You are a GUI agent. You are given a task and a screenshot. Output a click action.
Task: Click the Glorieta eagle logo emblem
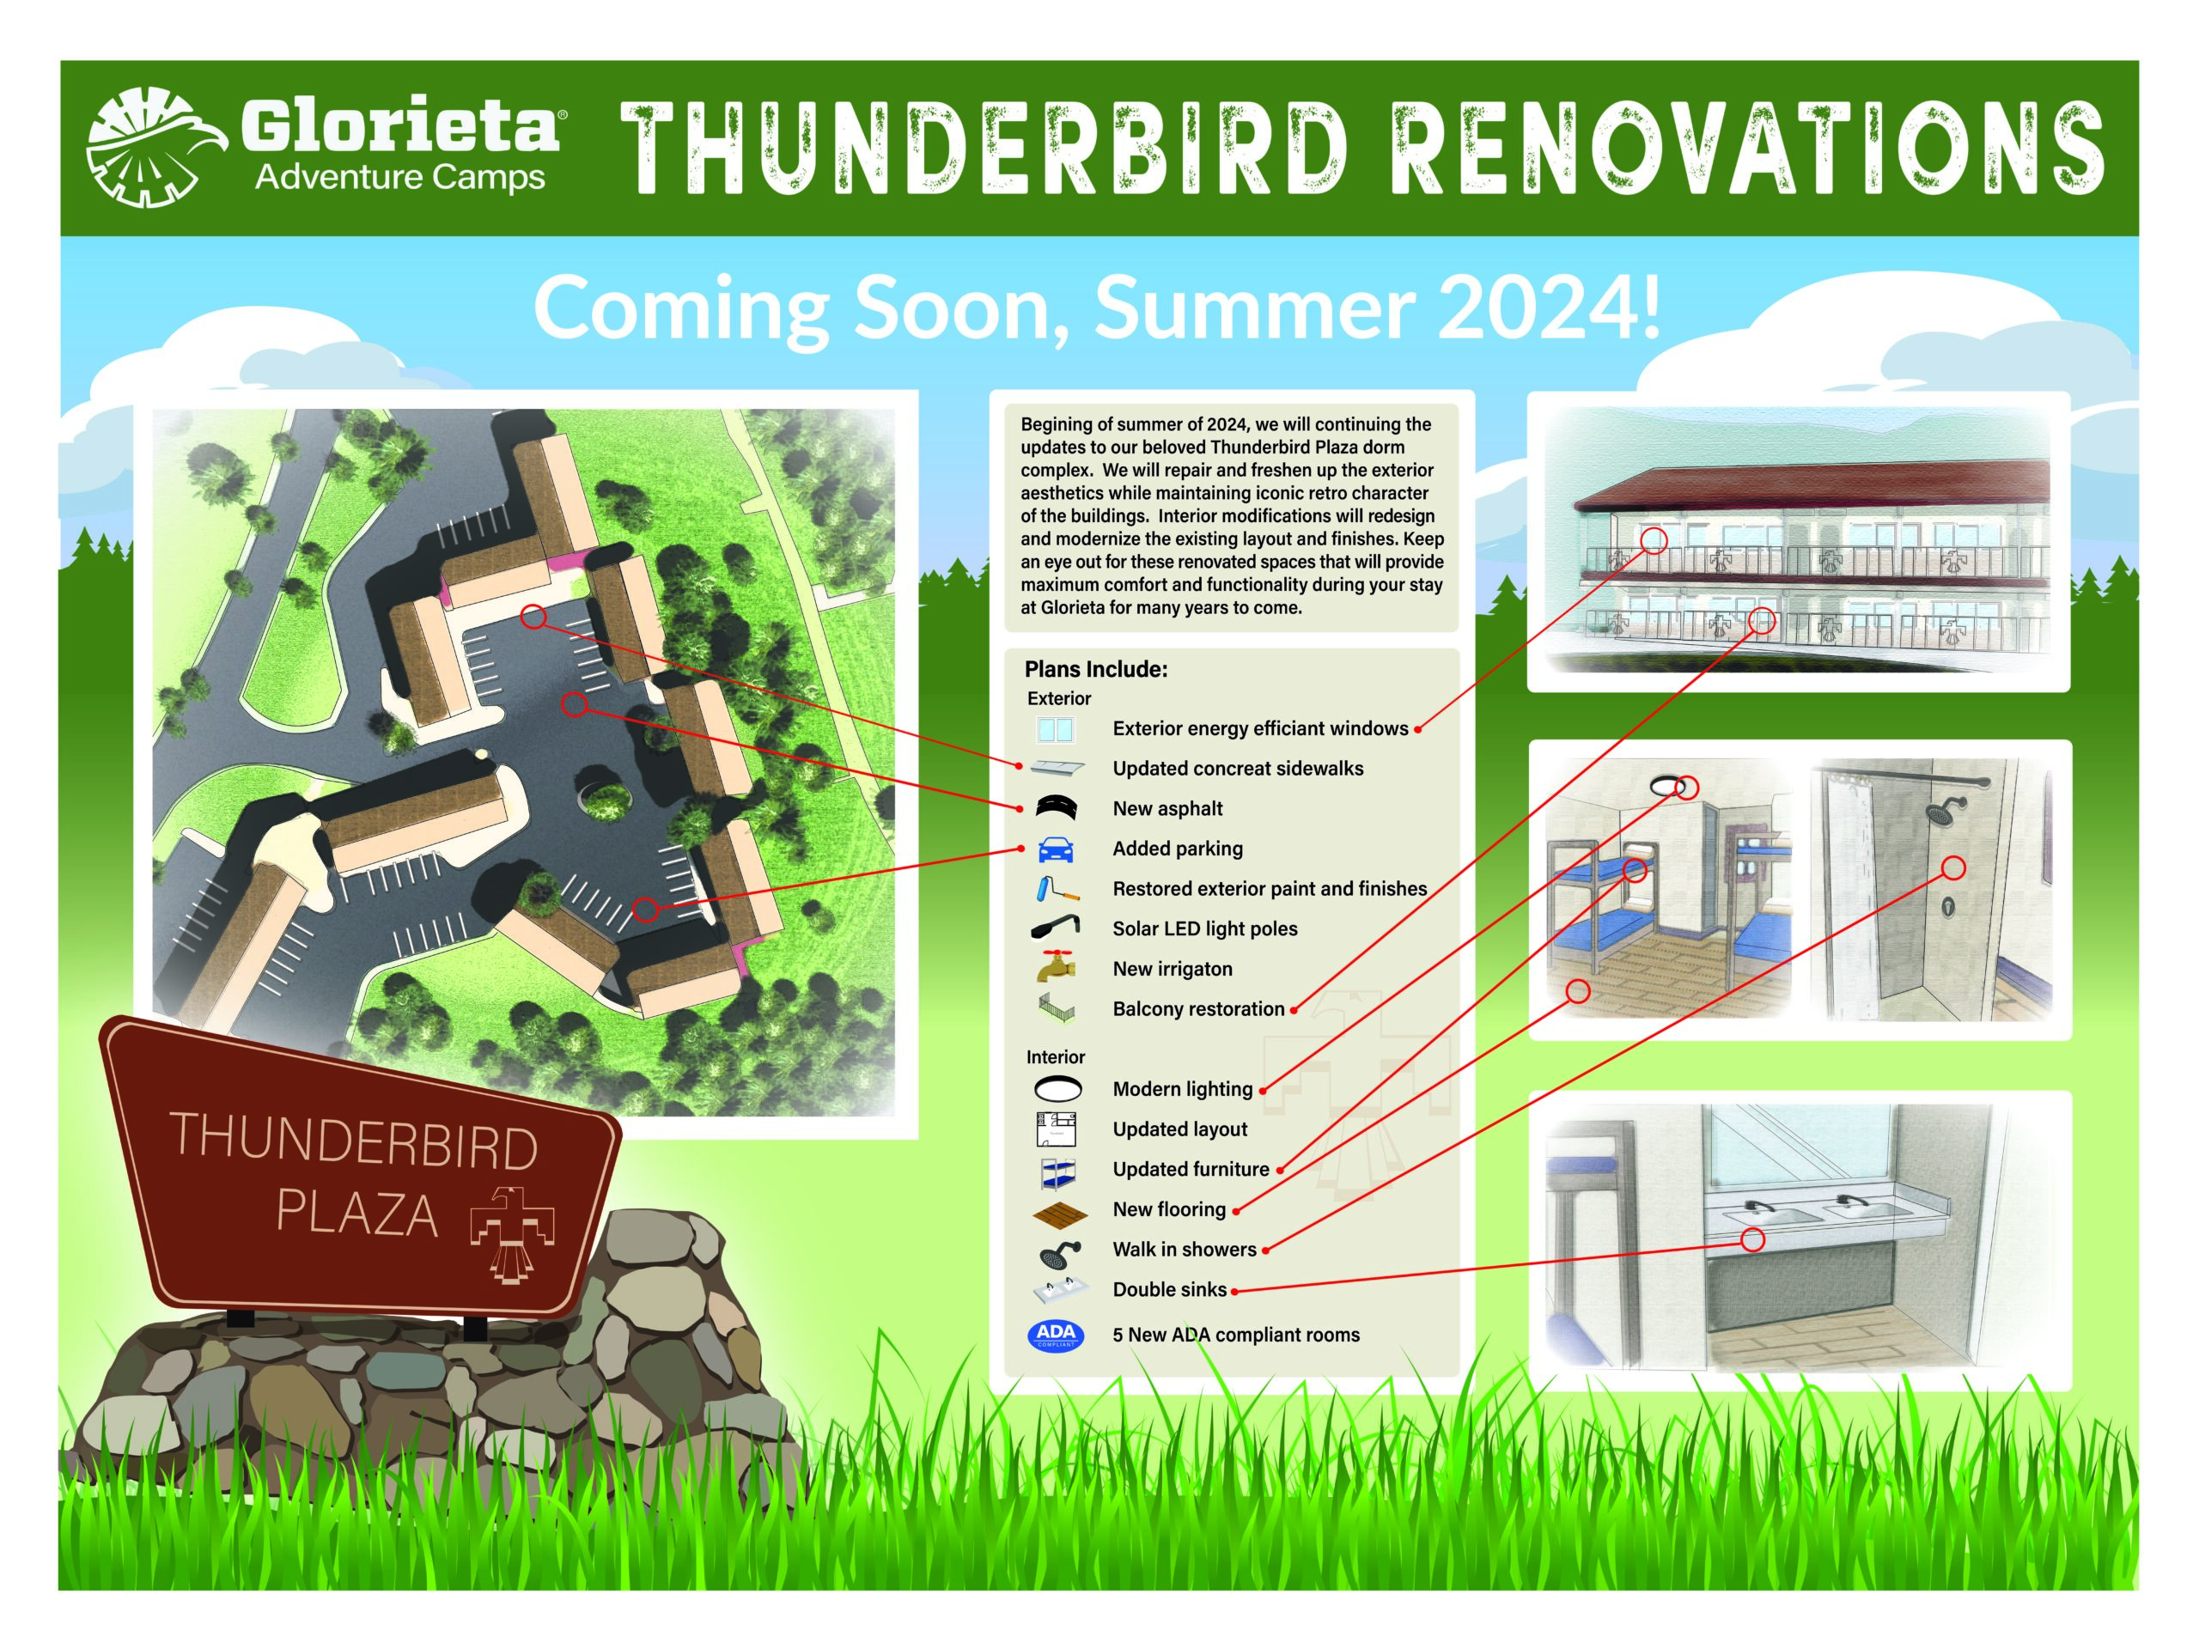click(x=155, y=147)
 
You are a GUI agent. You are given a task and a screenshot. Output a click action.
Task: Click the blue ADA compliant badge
click(x=1056, y=1335)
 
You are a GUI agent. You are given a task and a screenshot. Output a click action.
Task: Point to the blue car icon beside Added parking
click(x=1056, y=850)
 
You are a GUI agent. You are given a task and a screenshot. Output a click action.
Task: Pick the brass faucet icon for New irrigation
click(x=1056, y=965)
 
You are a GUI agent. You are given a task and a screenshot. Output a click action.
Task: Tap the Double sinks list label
click(x=1169, y=1289)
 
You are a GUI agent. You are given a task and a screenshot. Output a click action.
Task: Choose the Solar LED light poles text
click(x=1205, y=928)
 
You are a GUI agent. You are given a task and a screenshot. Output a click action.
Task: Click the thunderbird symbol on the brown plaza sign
click(x=512, y=1233)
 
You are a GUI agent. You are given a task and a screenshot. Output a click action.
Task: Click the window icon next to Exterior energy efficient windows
click(x=1055, y=729)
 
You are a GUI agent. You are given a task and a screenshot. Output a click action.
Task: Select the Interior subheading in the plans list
click(x=1055, y=1056)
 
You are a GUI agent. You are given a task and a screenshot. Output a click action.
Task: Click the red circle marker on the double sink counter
click(x=1752, y=1239)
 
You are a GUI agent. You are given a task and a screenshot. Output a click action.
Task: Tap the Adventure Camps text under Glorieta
click(x=399, y=178)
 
